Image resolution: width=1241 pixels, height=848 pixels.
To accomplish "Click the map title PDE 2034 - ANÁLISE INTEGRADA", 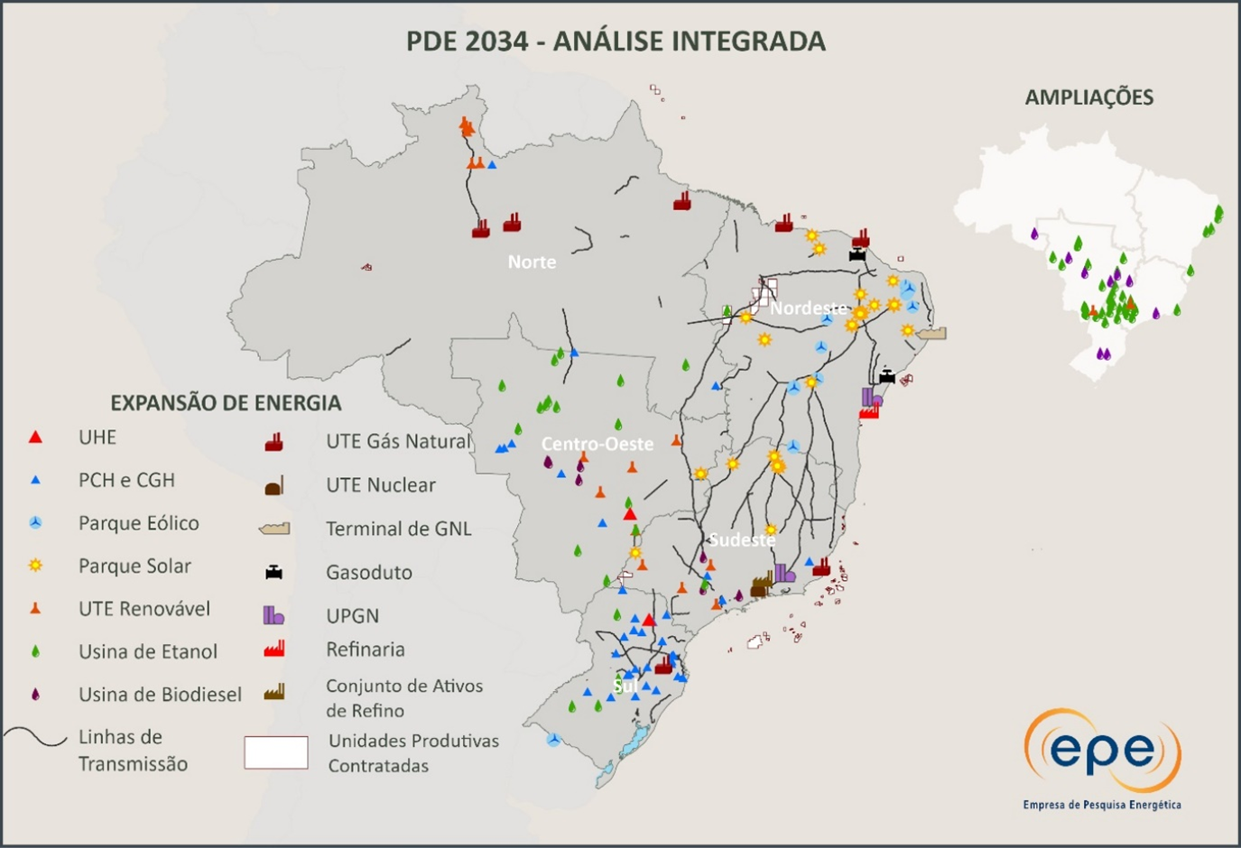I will [x=616, y=41].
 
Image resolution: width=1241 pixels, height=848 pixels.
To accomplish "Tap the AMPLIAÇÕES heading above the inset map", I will [x=1088, y=97].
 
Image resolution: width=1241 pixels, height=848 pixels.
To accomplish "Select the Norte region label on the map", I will [x=532, y=262].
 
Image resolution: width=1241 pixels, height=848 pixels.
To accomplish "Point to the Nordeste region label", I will [x=809, y=308].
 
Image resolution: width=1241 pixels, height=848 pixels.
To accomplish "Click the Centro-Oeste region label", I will [x=597, y=444].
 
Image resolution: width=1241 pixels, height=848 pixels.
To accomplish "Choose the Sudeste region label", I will [x=741, y=539].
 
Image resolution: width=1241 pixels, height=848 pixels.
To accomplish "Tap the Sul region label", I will [x=625, y=686].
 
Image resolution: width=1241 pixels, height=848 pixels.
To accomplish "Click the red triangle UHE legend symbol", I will [x=35, y=438].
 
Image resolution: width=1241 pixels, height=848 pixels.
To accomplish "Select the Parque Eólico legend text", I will [x=138, y=523].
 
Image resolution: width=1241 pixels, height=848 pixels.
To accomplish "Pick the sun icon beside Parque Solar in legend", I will [x=35, y=566].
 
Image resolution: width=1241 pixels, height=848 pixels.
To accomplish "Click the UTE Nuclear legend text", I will [x=380, y=485].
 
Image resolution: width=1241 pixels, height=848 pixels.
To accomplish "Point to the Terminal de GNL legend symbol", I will [x=274, y=529].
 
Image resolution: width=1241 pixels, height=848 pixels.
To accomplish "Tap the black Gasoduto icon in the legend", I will [x=273, y=572].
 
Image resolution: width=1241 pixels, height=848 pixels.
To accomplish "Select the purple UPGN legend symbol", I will [x=273, y=615].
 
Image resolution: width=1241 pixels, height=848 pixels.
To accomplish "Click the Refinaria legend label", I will [x=365, y=650].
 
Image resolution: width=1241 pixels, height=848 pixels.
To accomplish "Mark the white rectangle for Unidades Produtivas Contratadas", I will [x=276, y=752].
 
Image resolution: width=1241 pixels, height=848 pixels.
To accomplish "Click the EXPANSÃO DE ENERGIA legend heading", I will [x=226, y=403].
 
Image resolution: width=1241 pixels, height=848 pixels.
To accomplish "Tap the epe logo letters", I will [x=1102, y=751].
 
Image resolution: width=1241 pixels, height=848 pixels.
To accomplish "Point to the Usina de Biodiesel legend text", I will [x=160, y=695].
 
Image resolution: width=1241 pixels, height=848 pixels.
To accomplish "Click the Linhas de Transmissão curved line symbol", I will [x=35, y=738].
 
